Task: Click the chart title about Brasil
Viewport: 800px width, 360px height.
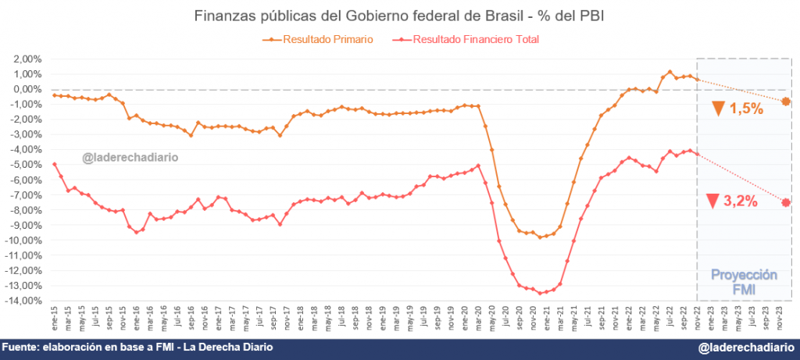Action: click(x=399, y=16)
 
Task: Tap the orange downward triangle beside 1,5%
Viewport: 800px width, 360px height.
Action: click(x=718, y=109)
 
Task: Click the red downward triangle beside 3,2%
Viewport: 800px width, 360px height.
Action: click(x=712, y=201)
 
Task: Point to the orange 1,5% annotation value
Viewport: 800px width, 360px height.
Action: click(x=746, y=109)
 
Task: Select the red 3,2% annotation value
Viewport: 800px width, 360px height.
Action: click(x=741, y=201)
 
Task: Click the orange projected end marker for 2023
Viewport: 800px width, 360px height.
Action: click(x=786, y=102)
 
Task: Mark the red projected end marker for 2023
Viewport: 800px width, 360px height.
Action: click(x=786, y=202)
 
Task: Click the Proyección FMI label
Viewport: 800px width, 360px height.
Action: click(x=743, y=283)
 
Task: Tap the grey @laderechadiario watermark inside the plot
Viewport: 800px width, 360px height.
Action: click(x=130, y=157)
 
